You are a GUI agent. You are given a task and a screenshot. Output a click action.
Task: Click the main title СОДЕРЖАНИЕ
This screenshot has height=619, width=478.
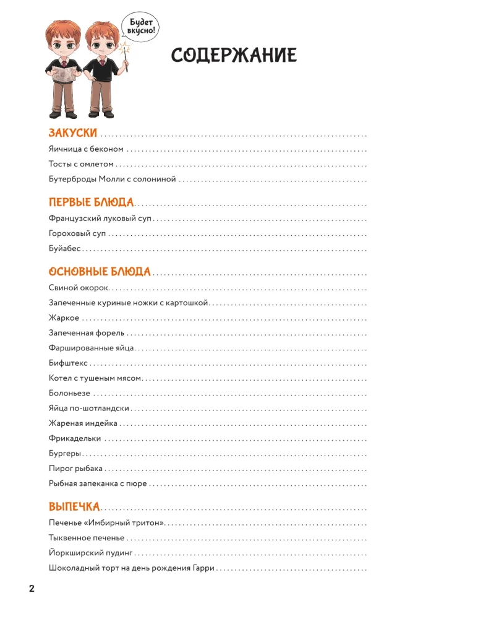pyautogui.click(x=234, y=56)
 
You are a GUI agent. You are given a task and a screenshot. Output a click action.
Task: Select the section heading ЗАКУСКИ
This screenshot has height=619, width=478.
pyautogui.click(x=73, y=133)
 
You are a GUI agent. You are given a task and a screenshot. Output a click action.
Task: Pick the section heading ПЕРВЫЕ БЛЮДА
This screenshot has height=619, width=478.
pyautogui.click(x=91, y=202)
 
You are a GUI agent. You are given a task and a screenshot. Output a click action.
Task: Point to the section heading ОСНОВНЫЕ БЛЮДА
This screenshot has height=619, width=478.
pyautogui.click(x=100, y=271)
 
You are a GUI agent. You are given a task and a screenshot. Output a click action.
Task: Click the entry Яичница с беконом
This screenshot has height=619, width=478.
pyautogui.click(x=86, y=149)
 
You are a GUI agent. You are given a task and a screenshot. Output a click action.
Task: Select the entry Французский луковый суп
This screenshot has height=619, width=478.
pyautogui.click(x=100, y=219)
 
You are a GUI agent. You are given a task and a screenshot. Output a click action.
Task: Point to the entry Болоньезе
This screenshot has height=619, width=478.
pyautogui.click(x=69, y=394)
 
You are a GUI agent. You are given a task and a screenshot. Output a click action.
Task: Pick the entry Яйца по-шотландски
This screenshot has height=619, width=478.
pyautogui.click(x=88, y=409)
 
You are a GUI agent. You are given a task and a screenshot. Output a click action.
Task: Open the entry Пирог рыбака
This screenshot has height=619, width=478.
pyautogui.click(x=75, y=469)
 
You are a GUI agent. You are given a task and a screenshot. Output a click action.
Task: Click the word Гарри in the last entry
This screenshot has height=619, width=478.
pyautogui.click(x=202, y=568)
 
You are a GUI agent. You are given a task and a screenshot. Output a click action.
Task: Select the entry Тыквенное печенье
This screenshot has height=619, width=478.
pyautogui.click(x=86, y=538)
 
